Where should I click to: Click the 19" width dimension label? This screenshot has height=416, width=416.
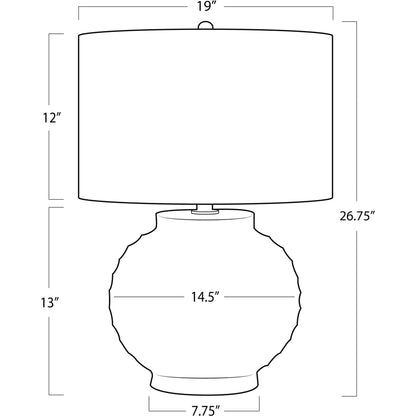pyautogui.click(x=205, y=6)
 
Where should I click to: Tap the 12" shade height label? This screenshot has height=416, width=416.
pyautogui.click(x=52, y=118)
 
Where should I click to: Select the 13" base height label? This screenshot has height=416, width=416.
pyautogui.click(x=50, y=303)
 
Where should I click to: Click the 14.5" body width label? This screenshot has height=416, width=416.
pyautogui.click(x=205, y=296)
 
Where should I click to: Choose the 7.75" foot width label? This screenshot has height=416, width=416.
pyautogui.click(x=205, y=410)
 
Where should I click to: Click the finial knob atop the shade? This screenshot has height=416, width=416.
pyautogui.click(x=205, y=26)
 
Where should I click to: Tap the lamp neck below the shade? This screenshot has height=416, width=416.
pyautogui.click(x=205, y=208)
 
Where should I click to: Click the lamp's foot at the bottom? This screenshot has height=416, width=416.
pyautogui.click(x=205, y=388)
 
